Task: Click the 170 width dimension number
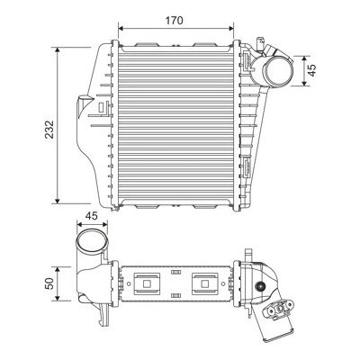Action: [175, 21]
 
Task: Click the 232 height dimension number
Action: [49, 130]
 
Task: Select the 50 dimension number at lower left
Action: [49, 283]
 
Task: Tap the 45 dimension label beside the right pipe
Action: [312, 70]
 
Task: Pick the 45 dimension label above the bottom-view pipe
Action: [92, 216]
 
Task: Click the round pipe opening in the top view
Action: [278, 71]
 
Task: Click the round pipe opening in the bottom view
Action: [92, 242]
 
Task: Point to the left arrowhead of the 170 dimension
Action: [121, 28]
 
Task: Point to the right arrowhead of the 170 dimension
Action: [231, 28]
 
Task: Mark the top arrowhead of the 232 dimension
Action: [58, 49]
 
